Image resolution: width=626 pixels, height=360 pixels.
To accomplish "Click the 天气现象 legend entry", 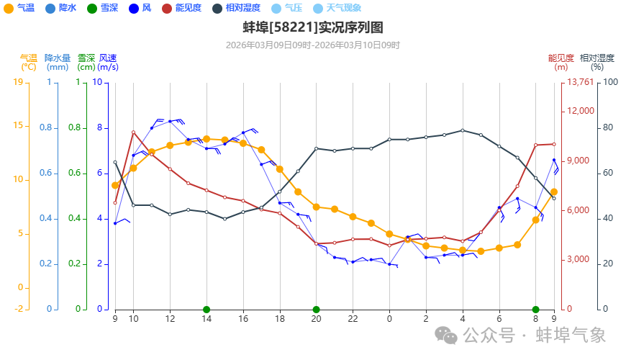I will tap(343, 8).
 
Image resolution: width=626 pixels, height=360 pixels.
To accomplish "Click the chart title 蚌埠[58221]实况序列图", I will tap(312, 28).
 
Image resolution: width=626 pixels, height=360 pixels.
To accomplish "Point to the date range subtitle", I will tap(312, 45).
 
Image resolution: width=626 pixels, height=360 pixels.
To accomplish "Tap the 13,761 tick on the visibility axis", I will tap(581, 82).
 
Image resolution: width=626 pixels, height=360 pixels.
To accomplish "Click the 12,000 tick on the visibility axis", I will tap(581, 111).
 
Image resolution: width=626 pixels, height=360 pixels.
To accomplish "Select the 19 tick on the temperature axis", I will tap(18, 82).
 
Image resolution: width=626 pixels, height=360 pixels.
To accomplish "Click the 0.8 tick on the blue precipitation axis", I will tap(47, 128).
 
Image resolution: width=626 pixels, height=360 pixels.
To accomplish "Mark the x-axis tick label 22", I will tap(353, 318).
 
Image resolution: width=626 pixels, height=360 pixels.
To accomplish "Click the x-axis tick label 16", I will tap(243, 318).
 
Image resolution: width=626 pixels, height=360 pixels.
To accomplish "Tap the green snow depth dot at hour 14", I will tap(207, 310).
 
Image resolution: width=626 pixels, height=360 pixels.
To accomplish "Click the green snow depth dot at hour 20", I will tap(316, 310).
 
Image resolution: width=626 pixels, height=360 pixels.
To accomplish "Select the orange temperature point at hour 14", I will tap(207, 139).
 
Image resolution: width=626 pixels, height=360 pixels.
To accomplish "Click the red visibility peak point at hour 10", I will tap(133, 132).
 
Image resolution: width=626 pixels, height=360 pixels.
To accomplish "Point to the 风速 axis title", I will tap(108, 58).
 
